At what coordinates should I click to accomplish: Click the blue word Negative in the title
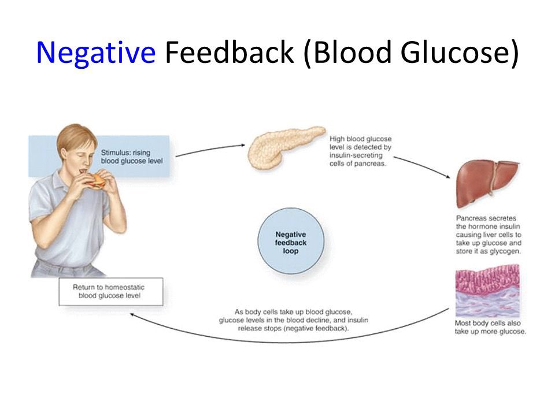[x=95, y=53]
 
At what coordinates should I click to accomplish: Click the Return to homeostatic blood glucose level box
[x=110, y=292]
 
